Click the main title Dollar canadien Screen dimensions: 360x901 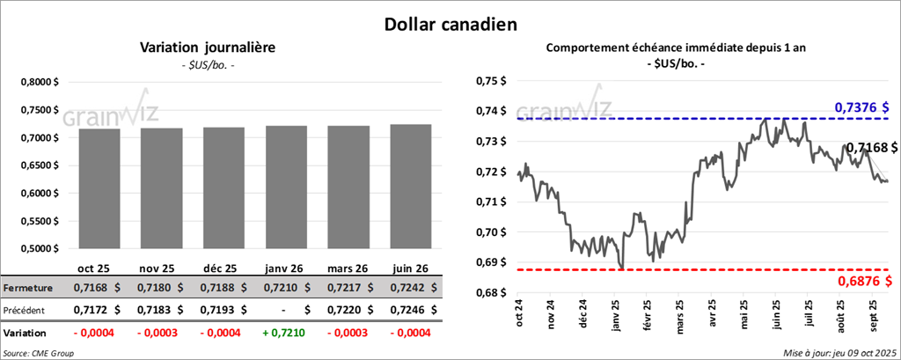point(450,24)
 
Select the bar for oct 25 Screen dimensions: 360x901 point(99,188)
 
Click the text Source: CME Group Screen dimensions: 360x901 point(39,353)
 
